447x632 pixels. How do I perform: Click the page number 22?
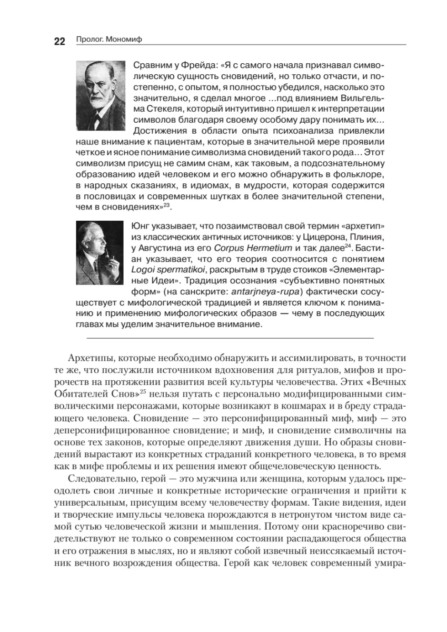[x=59, y=42]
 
